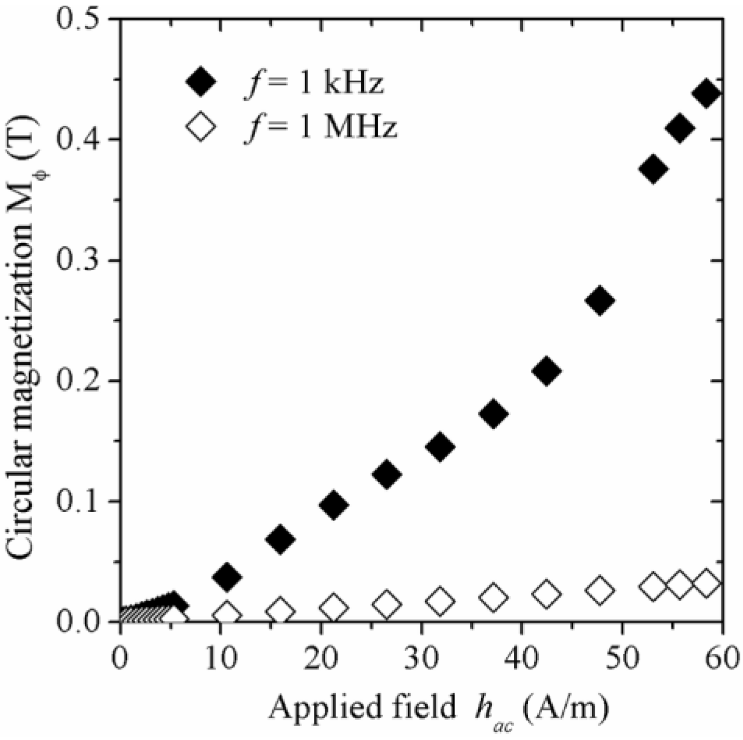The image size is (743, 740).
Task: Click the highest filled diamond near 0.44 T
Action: tap(706, 94)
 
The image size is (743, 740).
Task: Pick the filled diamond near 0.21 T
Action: tap(546, 371)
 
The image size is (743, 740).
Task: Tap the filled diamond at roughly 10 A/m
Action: tap(227, 576)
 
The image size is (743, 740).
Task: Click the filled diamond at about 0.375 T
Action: tap(653, 169)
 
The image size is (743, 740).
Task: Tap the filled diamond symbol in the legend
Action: tap(200, 82)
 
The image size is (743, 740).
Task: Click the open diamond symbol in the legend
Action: tap(200, 126)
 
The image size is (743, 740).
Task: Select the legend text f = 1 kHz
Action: tap(314, 83)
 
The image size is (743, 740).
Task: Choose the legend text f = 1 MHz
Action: tap(321, 127)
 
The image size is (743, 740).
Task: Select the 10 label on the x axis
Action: tap(220, 658)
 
